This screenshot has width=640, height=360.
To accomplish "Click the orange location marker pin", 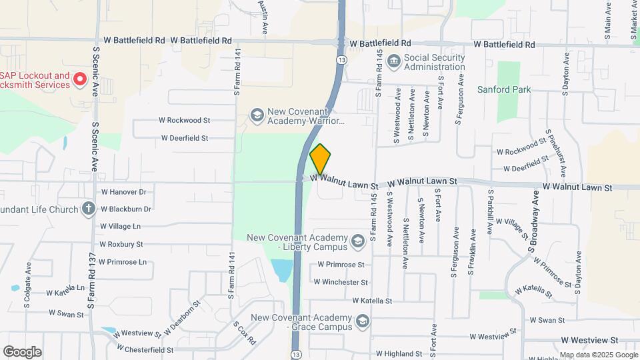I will tap(320, 159).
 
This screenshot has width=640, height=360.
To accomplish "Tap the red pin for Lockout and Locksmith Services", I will tap(80, 80).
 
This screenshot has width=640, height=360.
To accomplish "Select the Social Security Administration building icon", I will tap(393, 61).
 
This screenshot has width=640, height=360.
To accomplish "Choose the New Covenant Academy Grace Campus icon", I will tap(362, 323).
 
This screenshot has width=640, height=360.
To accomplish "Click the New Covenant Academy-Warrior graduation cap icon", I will tap(257, 116).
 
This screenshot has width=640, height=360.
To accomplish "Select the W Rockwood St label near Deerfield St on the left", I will tap(184, 121).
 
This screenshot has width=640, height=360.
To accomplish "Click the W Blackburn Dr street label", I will tap(126, 209).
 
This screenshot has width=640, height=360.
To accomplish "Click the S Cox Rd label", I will tap(244, 333).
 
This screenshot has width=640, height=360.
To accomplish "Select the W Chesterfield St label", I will tap(145, 349).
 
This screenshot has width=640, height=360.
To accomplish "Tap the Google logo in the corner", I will tap(22, 351).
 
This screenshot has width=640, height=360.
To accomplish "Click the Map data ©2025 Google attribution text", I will tap(598, 355).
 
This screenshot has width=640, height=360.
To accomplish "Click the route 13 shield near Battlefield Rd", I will tap(341, 59).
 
